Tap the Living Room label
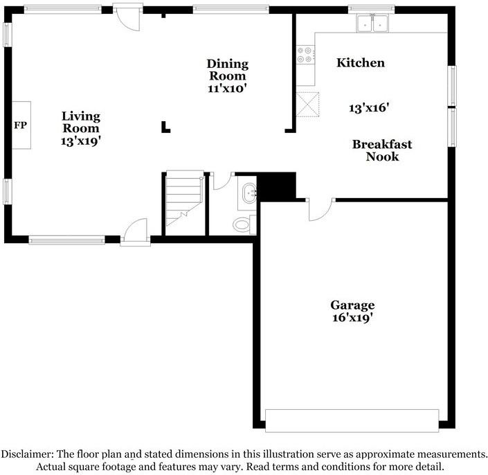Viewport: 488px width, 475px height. point(81,122)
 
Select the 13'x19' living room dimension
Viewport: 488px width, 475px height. point(81,140)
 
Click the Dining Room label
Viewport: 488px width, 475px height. point(227,70)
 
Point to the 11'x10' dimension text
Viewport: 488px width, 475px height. point(227,88)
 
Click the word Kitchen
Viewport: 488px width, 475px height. point(360,63)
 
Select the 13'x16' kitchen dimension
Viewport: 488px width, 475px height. point(369,108)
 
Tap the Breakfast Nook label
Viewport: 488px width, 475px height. point(382,150)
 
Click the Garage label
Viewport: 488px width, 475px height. point(352,305)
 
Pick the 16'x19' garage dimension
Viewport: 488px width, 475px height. point(352,318)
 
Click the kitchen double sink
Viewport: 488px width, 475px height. point(372,24)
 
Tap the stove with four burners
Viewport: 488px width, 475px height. point(305,54)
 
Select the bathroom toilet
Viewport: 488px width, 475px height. point(242,224)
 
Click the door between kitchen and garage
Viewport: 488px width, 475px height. point(320,208)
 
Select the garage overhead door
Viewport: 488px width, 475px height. point(352,420)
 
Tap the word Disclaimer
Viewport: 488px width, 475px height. point(26,454)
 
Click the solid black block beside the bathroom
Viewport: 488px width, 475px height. point(277,185)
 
